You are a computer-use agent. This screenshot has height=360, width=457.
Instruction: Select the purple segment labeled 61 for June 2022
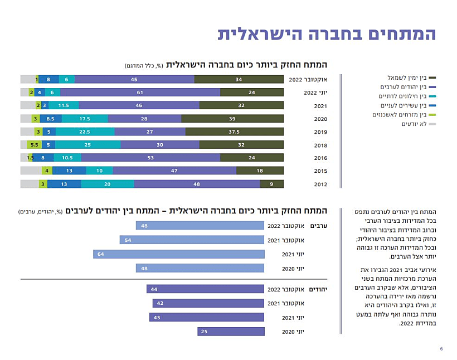[140, 93]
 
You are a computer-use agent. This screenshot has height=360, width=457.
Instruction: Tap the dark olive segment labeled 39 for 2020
[232, 119]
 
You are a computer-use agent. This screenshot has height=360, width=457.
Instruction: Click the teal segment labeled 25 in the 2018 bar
[87, 145]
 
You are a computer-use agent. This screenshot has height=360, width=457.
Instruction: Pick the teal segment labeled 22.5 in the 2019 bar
[85, 132]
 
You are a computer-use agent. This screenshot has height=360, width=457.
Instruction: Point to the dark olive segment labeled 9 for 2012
[271, 184]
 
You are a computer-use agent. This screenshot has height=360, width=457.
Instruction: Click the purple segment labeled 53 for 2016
[150, 158]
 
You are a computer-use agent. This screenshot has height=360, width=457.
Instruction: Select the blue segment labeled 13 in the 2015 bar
[69, 171]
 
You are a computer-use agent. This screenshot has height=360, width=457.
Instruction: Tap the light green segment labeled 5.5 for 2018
[33, 145]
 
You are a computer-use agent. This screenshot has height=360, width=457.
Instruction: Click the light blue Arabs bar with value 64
[178, 254]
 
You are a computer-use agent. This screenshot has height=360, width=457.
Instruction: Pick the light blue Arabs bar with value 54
[192, 240]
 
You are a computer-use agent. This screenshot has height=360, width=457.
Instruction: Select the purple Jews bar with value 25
[230, 332]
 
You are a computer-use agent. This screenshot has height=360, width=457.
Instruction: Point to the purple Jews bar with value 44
[205, 289]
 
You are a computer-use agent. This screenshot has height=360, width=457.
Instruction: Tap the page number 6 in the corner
[441, 349]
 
